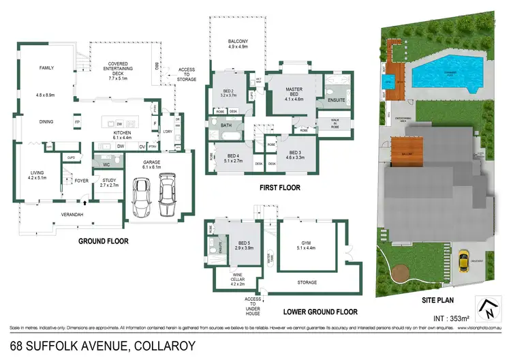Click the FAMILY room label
coord(46,68)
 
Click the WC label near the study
coord(106,164)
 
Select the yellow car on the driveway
coord(464,260)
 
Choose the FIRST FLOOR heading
coord(279,187)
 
